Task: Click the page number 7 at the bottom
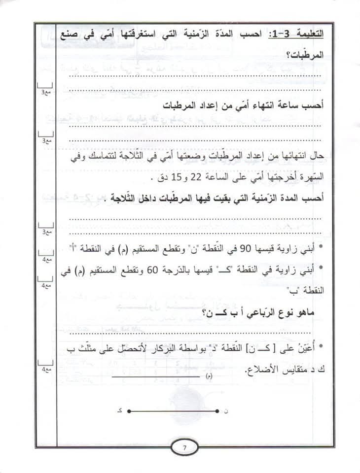click(x=183, y=448)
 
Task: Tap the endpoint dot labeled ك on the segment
click(x=127, y=410)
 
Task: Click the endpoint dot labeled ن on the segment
click(x=217, y=410)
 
